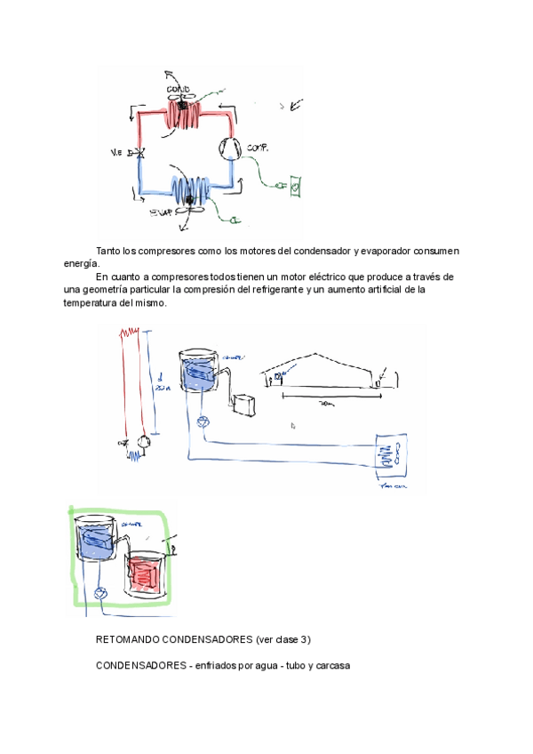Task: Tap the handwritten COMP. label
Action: pos(258,147)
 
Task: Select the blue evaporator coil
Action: pos(190,190)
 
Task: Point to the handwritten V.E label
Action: pos(116,153)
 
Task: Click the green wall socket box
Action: pos(295,186)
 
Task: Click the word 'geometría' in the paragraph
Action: pos(108,290)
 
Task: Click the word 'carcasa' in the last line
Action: pos(332,665)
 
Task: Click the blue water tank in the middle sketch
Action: pos(197,372)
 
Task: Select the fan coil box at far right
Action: pos(388,457)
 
